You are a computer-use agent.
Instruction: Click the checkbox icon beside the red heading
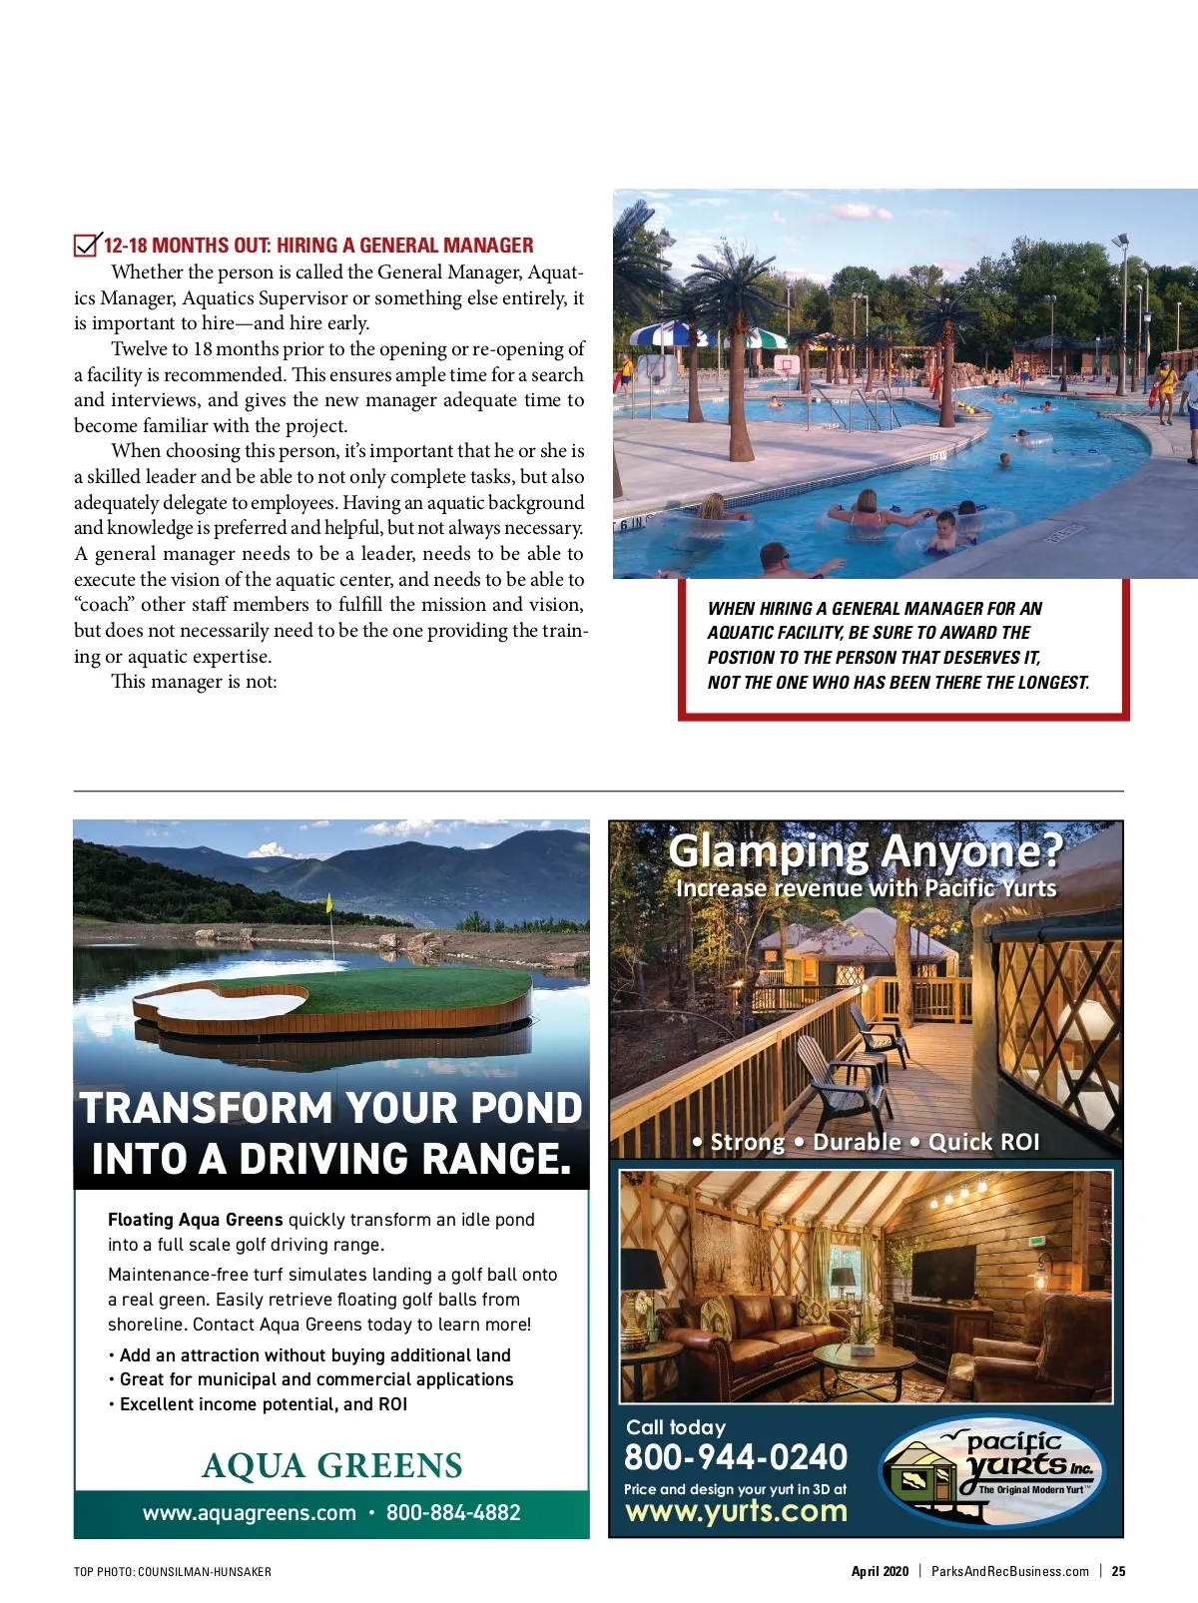click(87, 245)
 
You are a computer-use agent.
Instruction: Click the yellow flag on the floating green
click(328, 902)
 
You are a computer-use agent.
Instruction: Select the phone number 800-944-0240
click(736, 1457)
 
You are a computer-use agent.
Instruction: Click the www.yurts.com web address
click(736, 1511)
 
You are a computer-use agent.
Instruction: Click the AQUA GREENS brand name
click(331, 1465)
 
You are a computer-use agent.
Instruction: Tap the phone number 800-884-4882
click(453, 1513)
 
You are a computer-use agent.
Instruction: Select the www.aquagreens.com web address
click(249, 1513)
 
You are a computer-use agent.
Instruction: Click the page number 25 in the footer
click(1118, 1571)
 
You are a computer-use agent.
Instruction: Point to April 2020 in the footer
click(880, 1571)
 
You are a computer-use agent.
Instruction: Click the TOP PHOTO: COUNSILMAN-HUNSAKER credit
click(172, 1572)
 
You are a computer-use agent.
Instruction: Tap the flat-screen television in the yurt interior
click(942, 1272)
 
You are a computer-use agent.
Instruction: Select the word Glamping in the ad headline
click(768, 851)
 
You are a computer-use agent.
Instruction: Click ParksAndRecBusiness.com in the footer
click(1009, 1571)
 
